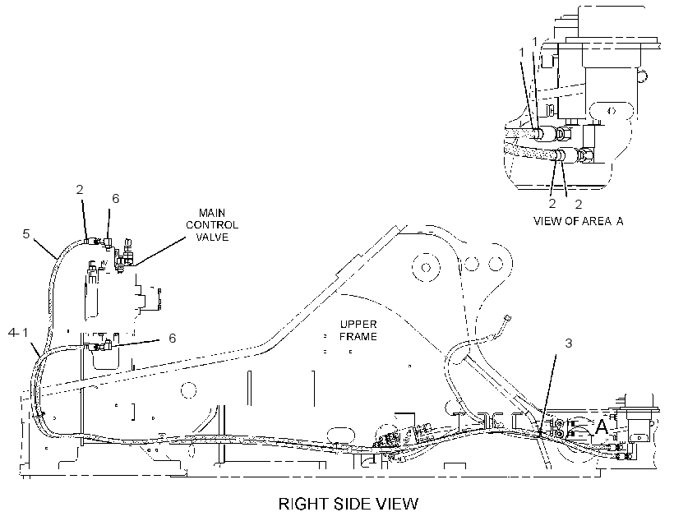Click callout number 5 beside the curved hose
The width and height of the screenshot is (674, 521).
click(26, 234)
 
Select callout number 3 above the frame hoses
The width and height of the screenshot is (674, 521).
click(568, 343)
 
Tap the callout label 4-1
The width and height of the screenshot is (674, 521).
click(18, 332)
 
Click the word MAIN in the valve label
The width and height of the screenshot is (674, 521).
click(212, 213)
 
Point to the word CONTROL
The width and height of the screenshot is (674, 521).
click(212, 225)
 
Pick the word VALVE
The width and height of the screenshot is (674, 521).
click(212, 237)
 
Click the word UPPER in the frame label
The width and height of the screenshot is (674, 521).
click(358, 324)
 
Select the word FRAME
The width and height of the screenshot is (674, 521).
click(358, 336)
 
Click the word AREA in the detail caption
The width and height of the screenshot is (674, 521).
click(597, 221)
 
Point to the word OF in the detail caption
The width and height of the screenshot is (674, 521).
click(573, 221)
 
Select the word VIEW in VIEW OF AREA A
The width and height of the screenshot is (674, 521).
click(548, 221)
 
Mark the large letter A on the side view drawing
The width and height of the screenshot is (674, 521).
click(600, 426)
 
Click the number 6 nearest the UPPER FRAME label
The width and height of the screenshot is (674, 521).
click(172, 339)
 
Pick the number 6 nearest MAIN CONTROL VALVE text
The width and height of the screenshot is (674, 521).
click(116, 198)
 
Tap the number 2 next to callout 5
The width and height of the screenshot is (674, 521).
click(80, 190)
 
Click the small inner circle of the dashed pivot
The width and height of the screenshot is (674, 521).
click(426, 267)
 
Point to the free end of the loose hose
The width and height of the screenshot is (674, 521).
click(509, 318)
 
